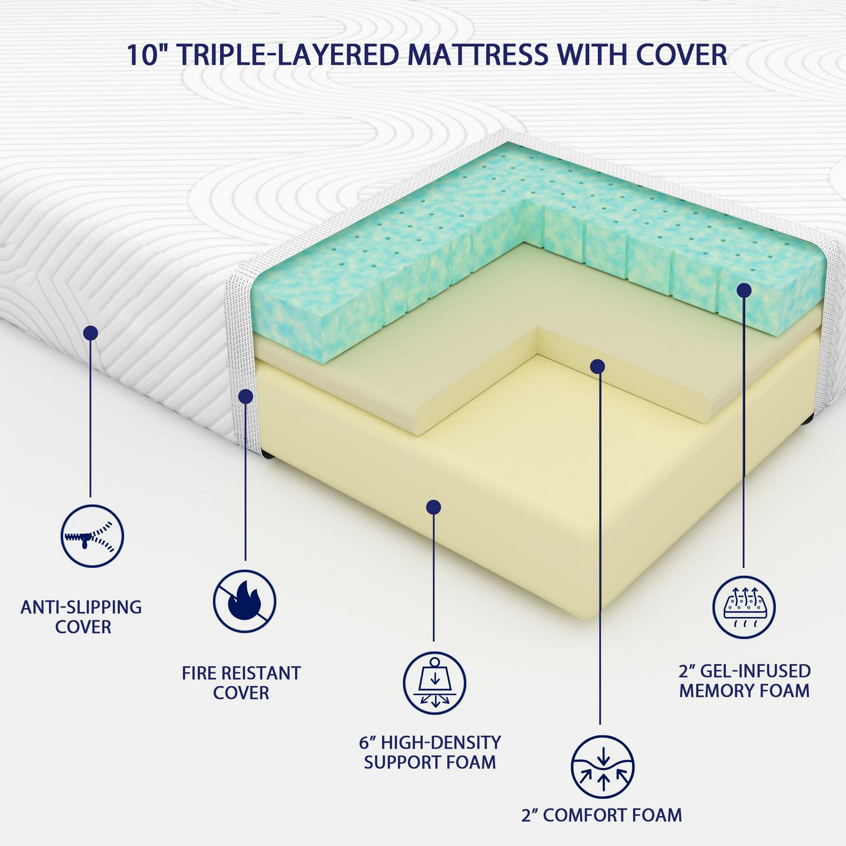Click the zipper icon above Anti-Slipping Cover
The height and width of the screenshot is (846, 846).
[92, 536]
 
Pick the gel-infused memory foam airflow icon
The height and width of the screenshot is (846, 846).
[744, 607]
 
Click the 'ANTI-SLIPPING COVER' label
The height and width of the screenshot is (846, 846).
[81, 616]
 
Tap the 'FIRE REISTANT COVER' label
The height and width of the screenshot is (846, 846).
[241, 682]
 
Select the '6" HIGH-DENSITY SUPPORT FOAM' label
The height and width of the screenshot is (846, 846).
[430, 752]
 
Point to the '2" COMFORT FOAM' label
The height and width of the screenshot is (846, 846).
[602, 815]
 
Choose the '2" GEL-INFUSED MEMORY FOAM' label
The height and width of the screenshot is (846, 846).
[744, 680]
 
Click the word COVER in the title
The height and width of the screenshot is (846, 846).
[682, 55]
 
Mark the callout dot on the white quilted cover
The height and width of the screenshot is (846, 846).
[90, 333]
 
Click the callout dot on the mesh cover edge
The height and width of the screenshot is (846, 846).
[245, 396]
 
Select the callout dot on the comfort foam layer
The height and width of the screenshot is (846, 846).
[598, 367]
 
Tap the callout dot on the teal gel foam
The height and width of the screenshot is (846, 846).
[744, 290]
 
